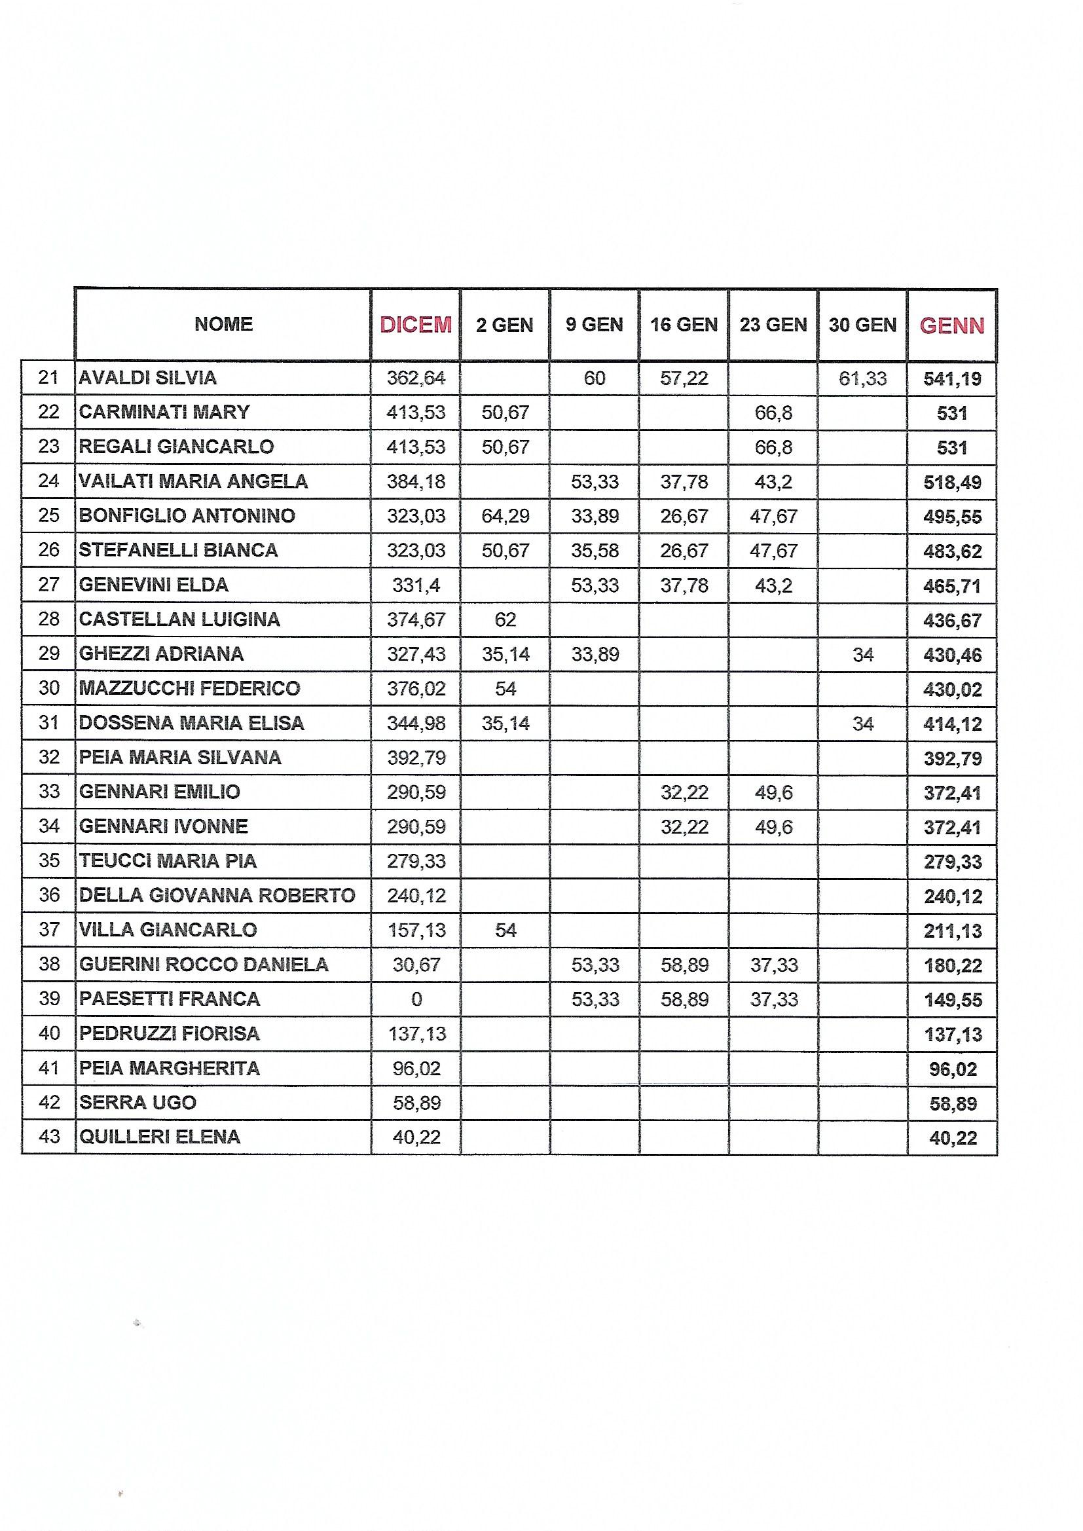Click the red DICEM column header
point(416,325)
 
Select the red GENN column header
point(951,326)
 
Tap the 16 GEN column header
point(684,325)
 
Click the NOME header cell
point(223,324)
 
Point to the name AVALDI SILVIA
point(147,378)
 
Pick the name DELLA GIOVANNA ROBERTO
point(217,895)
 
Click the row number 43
point(49,1136)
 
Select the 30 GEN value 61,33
point(862,378)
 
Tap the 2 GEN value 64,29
point(505,516)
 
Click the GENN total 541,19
point(951,379)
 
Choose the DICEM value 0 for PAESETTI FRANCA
point(416,999)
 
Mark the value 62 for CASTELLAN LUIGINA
point(505,619)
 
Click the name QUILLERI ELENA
point(159,1136)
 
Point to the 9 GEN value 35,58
point(594,551)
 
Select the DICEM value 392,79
point(416,758)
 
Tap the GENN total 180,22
point(951,965)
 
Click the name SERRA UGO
point(138,1102)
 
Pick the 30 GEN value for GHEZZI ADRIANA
point(862,655)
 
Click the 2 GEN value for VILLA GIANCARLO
point(505,930)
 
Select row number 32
point(49,757)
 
